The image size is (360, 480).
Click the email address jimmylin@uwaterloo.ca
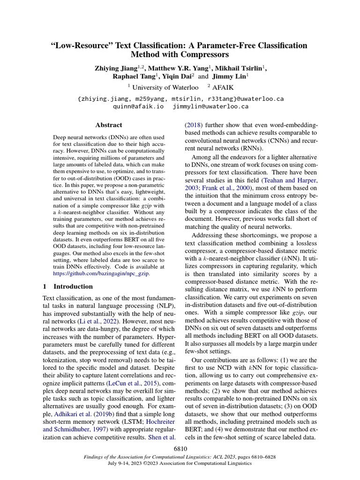coord(210,106)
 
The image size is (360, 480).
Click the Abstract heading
coord(109,125)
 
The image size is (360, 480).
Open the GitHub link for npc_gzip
coord(102,273)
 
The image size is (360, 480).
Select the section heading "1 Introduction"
coord(68,286)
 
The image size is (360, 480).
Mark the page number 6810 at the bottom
coord(180,449)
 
